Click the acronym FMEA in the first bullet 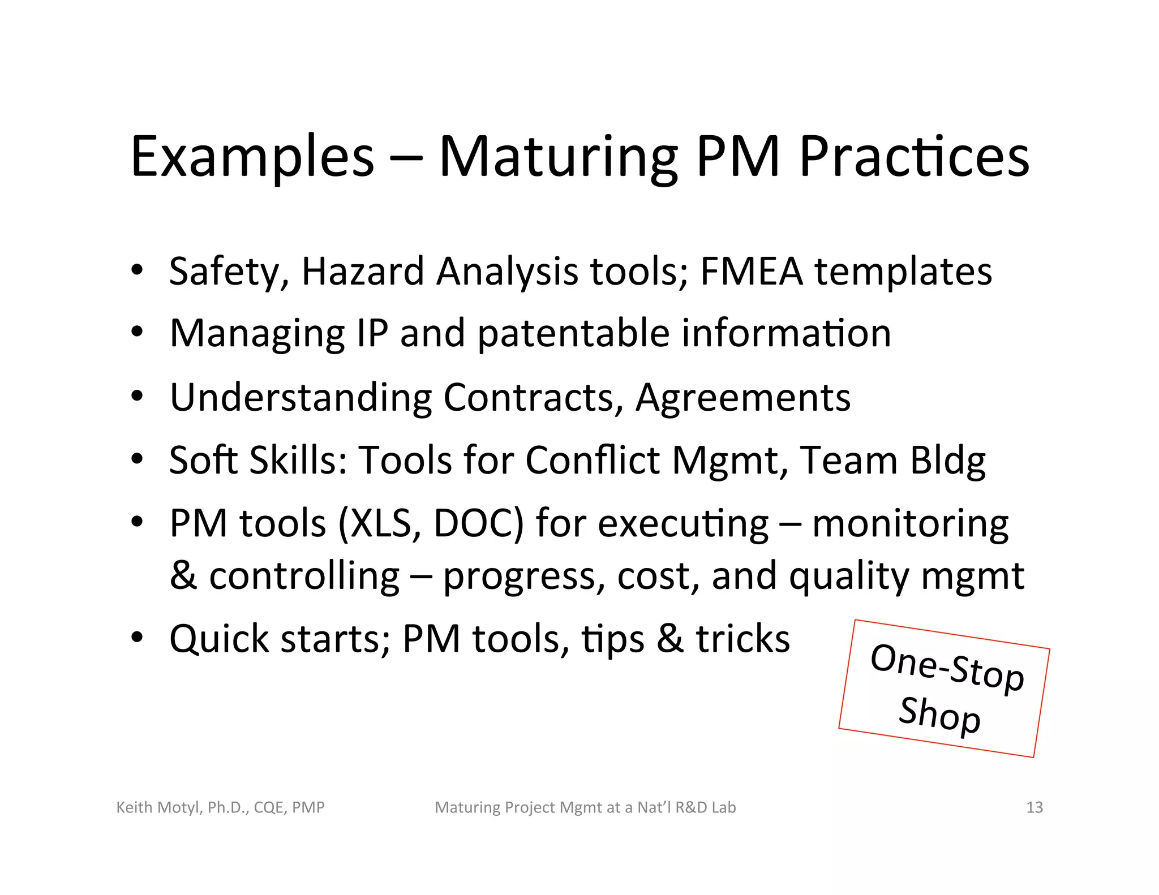pyautogui.click(x=751, y=271)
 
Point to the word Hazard pyautogui.click(x=363, y=271)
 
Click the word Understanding pyautogui.click(x=301, y=397)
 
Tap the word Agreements pyautogui.click(x=743, y=397)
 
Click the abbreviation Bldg pyautogui.click(x=947, y=461)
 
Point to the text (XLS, pyautogui.click(x=380, y=523)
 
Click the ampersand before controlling pyautogui.click(x=183, y=576)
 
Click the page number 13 pyautogui.click(x=1034, y=807)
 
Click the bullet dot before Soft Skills pyautogui.click(x=137, y=458)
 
